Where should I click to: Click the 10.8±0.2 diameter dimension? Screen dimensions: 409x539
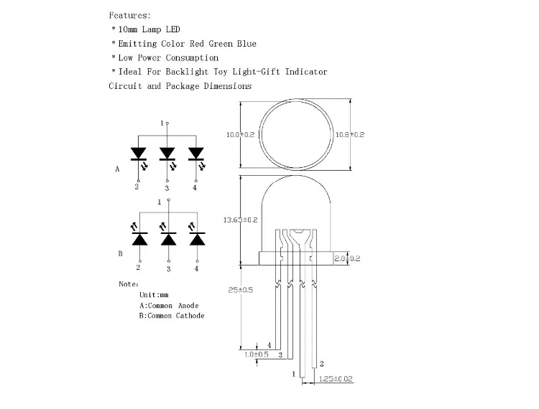tap(350, 135)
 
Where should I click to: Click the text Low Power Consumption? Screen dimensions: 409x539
tap(168, 57)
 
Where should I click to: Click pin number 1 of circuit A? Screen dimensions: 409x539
tap(162, 123)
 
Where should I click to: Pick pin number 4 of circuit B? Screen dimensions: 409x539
tap(195, 268)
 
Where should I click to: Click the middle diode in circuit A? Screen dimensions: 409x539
tap(167, 153)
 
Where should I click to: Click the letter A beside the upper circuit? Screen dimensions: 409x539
tap(117, 170)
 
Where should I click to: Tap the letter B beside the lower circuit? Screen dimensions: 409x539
tap(120, 253)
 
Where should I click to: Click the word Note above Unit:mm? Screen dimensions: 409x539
tap(129, 284)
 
